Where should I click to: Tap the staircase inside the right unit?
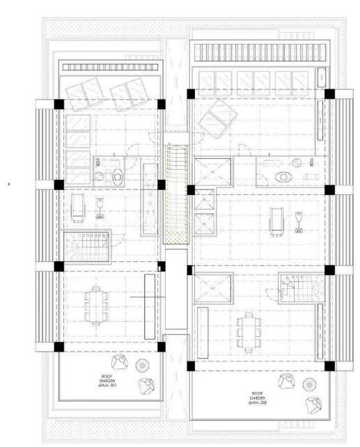299,288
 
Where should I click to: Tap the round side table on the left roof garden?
143,366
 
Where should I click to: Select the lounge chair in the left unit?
79,207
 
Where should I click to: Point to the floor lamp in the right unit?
300,220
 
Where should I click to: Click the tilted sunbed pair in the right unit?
217,118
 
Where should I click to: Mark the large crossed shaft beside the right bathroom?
213,172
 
